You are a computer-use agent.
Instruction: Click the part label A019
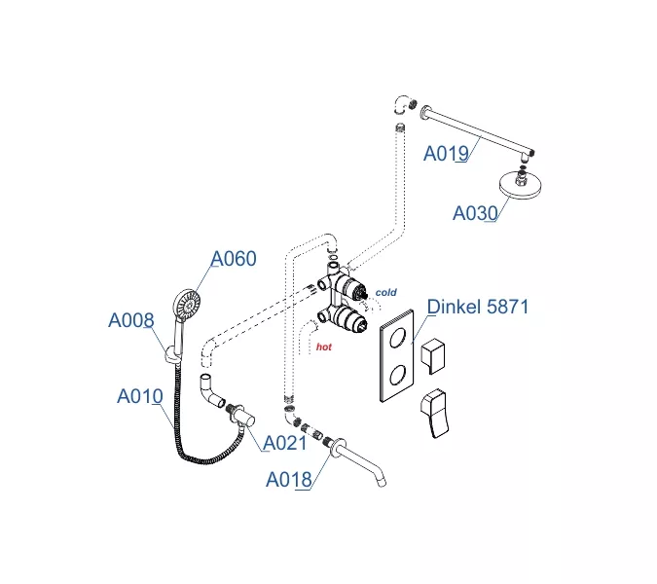point(447,153)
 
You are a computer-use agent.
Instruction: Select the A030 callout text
point(476,213)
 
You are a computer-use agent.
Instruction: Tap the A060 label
point(235,259)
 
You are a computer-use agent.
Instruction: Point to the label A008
point(130,320)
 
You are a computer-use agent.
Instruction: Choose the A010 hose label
point(140,396)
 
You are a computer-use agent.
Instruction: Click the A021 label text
point(285,443)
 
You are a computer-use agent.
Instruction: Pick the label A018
point(289,478)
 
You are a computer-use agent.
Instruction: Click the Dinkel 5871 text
point(478,308)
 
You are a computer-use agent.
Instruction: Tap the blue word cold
point(387,292)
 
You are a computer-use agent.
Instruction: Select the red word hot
point(324,346)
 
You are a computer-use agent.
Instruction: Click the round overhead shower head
point(522,187)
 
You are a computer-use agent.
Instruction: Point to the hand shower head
point(184,305)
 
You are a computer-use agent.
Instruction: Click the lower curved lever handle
point(436,415)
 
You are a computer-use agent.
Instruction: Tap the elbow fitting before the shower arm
point(401,103)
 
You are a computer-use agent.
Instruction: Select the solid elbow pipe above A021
point(211,389)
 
